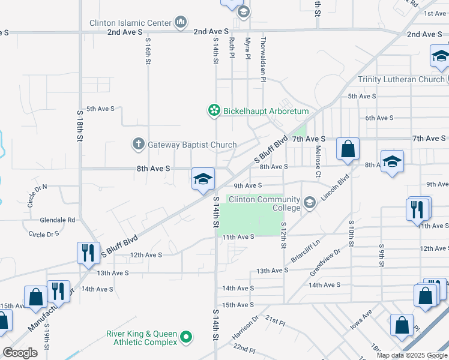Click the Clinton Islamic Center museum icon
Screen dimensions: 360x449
(x=181, y=23)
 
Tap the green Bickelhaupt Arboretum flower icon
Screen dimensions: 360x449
(x=213, y=110)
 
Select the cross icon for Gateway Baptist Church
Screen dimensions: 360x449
(x=138, y=144)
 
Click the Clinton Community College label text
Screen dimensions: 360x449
(x=262, y=203)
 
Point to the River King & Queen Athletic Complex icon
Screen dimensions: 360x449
(x=186, y=338)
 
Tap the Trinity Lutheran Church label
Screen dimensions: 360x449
(x=401, y=79)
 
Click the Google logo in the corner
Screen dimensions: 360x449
(x=20, y=353)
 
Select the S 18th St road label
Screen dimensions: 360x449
(x=79, y=125)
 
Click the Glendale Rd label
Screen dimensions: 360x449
(x=58, y=220)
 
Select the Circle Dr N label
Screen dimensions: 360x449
(x=37, y=196)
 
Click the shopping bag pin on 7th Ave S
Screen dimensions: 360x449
(x=348, y=148)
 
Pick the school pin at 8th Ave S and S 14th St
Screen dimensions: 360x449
(x=203, y=179)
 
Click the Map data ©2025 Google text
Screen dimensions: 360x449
(x=412, y=355)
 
